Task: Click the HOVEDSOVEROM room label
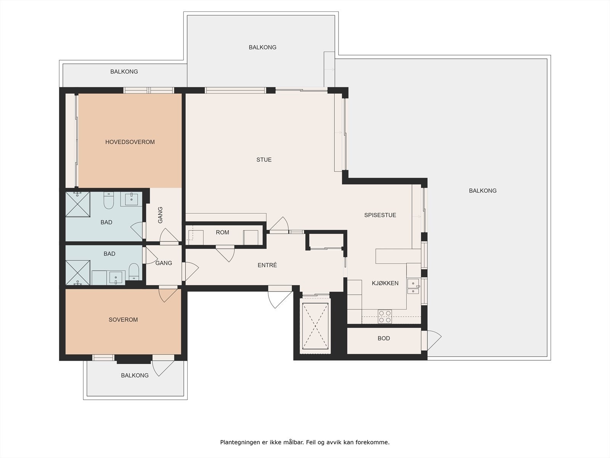pyautogui.click(x=130, y=142)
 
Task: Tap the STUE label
pyautogui.click(x=264, y=160)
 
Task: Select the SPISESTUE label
pyautogui.click(x=380, y=215)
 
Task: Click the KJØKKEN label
pyautogui.click(x=385, y=283)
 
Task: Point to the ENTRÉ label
pyautogui.click(x=267, y=265)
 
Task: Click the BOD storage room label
pyautogui.click(x=384, y=338)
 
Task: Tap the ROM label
pyautogui.click(x=222, y=232)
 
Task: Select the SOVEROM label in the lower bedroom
pyautogui.click(x=123, y=320)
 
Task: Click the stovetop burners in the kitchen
pyautogui.click(x=385, y=317)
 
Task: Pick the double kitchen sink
pyautogui.click(x=413, y=287)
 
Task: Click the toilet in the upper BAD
pyautogui.click(x=109, y=202)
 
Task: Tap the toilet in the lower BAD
pyautogui.click(x=134, y=271)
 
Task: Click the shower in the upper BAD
pyautogui.click(x=78, y=204)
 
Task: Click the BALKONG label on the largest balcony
pyautogui.click(x=483, y=190)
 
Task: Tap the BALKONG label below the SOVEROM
pyautogui.click(x=135, y=376)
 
